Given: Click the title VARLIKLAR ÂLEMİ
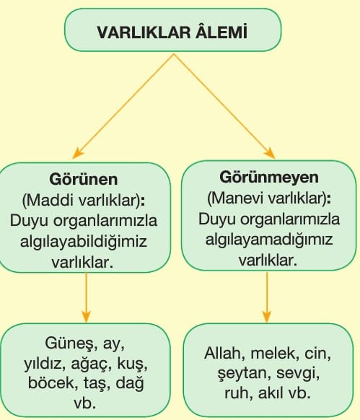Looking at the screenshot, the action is pyautogui.click(x=172, y=32).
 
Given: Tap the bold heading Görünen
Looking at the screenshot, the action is pyautogui.click(x=83, y=179).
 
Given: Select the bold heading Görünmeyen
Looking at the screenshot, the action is pyautogui.click(x=269, y=178).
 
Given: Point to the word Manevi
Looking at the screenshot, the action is pyautogui.click(x=239, y=198).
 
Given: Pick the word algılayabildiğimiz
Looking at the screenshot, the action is pyautogui.click(x=84, y=242).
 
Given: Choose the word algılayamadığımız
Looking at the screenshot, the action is pyautogui.click(x=269, y=239).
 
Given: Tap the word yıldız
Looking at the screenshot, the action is pyautogui.click(x=45, y=364).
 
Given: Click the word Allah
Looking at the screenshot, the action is pyautogui.click(x=225, y=354).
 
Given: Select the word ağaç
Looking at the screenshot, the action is pyautogui.click(x=92, y=364).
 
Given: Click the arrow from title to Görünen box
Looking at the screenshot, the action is pyautogui.click(x=123, y=106).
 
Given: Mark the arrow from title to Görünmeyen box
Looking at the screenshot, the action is pyautogui.click(x=224, y=106).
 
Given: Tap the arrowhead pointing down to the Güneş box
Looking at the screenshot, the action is pyautogui.click(x=86, y=317).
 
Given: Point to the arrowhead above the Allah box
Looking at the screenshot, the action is pyautogui.click(x=267, y=317).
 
